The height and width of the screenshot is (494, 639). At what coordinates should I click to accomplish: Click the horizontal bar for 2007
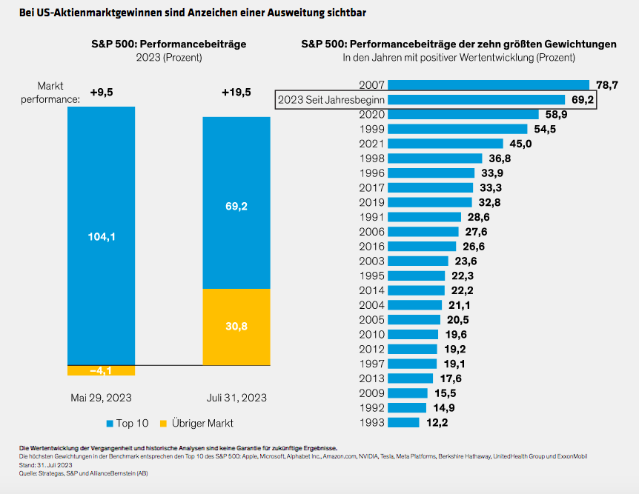click(488, 85)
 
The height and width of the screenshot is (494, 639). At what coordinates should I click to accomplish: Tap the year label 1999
click(371, 129)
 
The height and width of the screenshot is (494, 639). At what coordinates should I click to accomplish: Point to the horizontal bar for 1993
click(403, 422)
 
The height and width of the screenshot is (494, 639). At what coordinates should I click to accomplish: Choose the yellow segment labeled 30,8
click(236, 326)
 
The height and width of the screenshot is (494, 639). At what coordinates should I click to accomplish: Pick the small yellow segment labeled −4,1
click(102, 370)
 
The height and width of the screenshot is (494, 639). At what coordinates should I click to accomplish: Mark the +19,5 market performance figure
click(236, 92)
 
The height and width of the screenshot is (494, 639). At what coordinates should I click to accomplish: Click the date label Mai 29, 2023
click(102, 398)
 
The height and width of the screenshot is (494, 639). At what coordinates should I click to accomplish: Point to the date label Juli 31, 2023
click(236, 398)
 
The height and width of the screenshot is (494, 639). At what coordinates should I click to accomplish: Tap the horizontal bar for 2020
click(463, 114)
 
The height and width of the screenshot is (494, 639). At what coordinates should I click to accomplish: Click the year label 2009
click(371, 393)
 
